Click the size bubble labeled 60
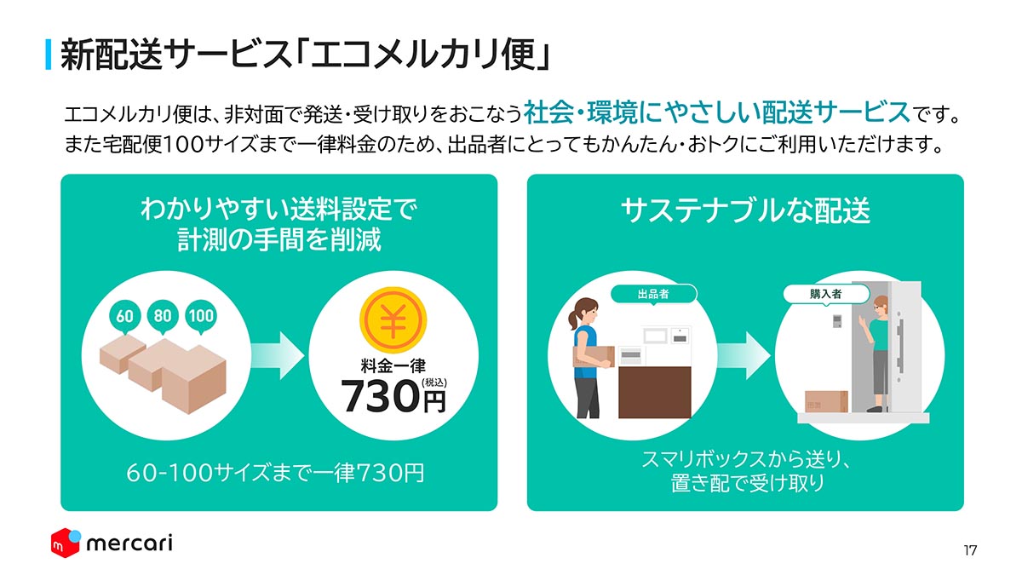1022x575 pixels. point(124,317)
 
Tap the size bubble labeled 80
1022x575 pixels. point(163,316)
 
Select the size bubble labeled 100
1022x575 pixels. point(201,316)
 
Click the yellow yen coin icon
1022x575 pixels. point(393,319)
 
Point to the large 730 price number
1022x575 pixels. point(381,396)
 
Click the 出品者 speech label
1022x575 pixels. point(653,295)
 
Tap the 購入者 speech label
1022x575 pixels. point(826,295)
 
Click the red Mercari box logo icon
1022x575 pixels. point(66,543)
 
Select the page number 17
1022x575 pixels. point(970,550)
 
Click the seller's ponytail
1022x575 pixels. point(573,319)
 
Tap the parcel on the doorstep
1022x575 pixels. point(826,401)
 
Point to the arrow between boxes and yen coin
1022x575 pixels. point(278,355)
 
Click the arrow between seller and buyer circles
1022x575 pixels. point(744,355)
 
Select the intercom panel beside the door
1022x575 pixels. point(837,321)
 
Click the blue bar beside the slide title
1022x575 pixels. point(49,55)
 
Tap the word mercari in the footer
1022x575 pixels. point(129,543)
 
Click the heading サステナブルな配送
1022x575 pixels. point(745,211)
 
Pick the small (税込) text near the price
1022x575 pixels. point(434,382)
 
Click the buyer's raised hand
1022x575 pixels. point(862,322)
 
